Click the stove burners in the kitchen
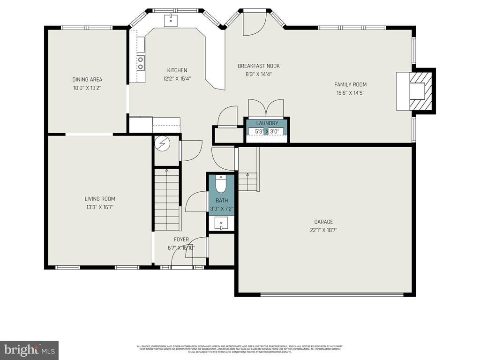tap(140, 63)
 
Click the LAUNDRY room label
tap(267, 123)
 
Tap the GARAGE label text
tap(323, 222)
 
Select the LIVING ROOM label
tap(100, 199)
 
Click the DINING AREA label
tap(87, 80)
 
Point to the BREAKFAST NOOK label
tap(258, 66)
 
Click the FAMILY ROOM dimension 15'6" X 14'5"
tap(350, 93)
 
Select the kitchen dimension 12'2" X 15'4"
tap(177, 79)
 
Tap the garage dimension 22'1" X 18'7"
tap(323, 230)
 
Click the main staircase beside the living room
tap(167, 199)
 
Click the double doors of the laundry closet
tap(266, 108)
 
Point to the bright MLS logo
tap(29, 349)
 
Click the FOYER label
tap(181, 240)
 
